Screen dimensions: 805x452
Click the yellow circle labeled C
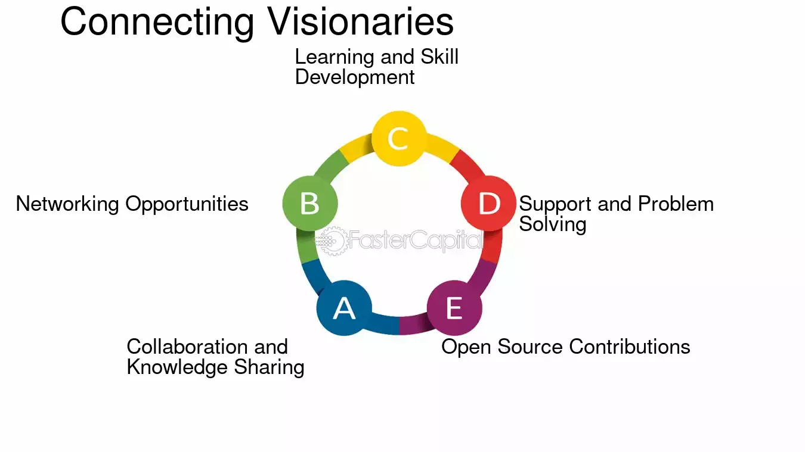coord(399,139)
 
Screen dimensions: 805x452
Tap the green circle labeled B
coord(310,203)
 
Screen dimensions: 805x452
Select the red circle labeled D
coord(488,203)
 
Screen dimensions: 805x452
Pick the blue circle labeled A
coord(344,308)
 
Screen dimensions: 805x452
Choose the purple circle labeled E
coord(454,308)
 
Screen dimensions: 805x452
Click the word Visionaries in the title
coord(360,21)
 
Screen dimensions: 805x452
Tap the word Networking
coord(67,204)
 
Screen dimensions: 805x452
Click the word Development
coord(355,77)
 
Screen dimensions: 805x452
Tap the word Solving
coord(553,225)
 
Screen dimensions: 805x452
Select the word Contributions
coord(630,347)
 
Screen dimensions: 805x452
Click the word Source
coord(530,347)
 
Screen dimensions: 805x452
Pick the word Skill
coord(439,57)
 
